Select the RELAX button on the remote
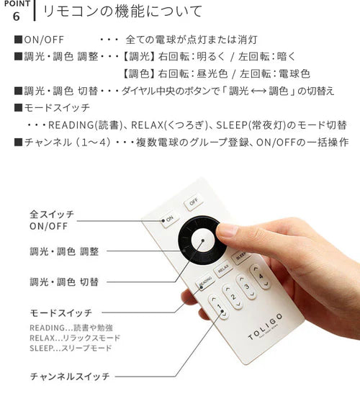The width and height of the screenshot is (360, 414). tap(223, 269)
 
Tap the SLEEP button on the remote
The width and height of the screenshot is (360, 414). tap(240, 256)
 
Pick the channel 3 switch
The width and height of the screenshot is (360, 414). tap(246, 286)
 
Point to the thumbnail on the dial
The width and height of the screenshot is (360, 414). tap(227, 232)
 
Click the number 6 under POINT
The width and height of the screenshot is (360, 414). tap(16, 15)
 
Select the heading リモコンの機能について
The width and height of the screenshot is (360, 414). tap(122, 12)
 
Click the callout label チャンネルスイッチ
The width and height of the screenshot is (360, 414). tap(70, 376)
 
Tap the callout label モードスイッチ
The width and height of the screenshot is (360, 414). tap(60, 313)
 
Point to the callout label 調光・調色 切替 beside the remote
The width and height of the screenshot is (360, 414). tap(64, 282)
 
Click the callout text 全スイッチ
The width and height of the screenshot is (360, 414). tap(52, 215)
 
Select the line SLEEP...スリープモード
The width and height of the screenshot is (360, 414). tap(71, 348)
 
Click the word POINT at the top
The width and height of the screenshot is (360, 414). tap(15, 3)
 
